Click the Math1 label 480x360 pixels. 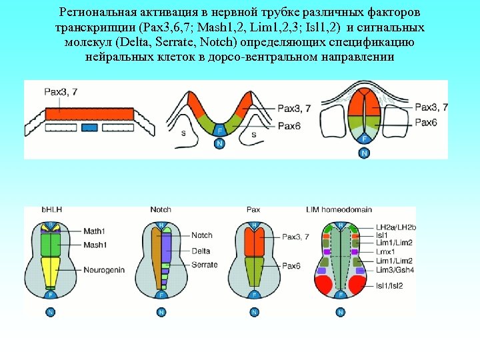pos(94,231)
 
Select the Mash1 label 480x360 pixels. pos(95,245)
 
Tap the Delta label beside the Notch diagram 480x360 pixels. pos(201,251)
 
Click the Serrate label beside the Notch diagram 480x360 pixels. pos(204,265)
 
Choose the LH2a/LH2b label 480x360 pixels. pos(395,227)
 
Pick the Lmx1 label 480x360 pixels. pos(386,252)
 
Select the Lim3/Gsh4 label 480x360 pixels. pos(393,269)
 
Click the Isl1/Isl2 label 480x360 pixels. pos(389,285)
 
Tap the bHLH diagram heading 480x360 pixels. pos(51,210)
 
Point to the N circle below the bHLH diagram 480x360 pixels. pos(51,312)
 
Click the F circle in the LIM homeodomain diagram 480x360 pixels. pos(341,294)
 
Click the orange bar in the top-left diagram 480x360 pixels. pos(89,114)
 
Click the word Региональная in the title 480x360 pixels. pos(101,13)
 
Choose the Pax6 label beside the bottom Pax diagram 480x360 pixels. pos(291,265)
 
